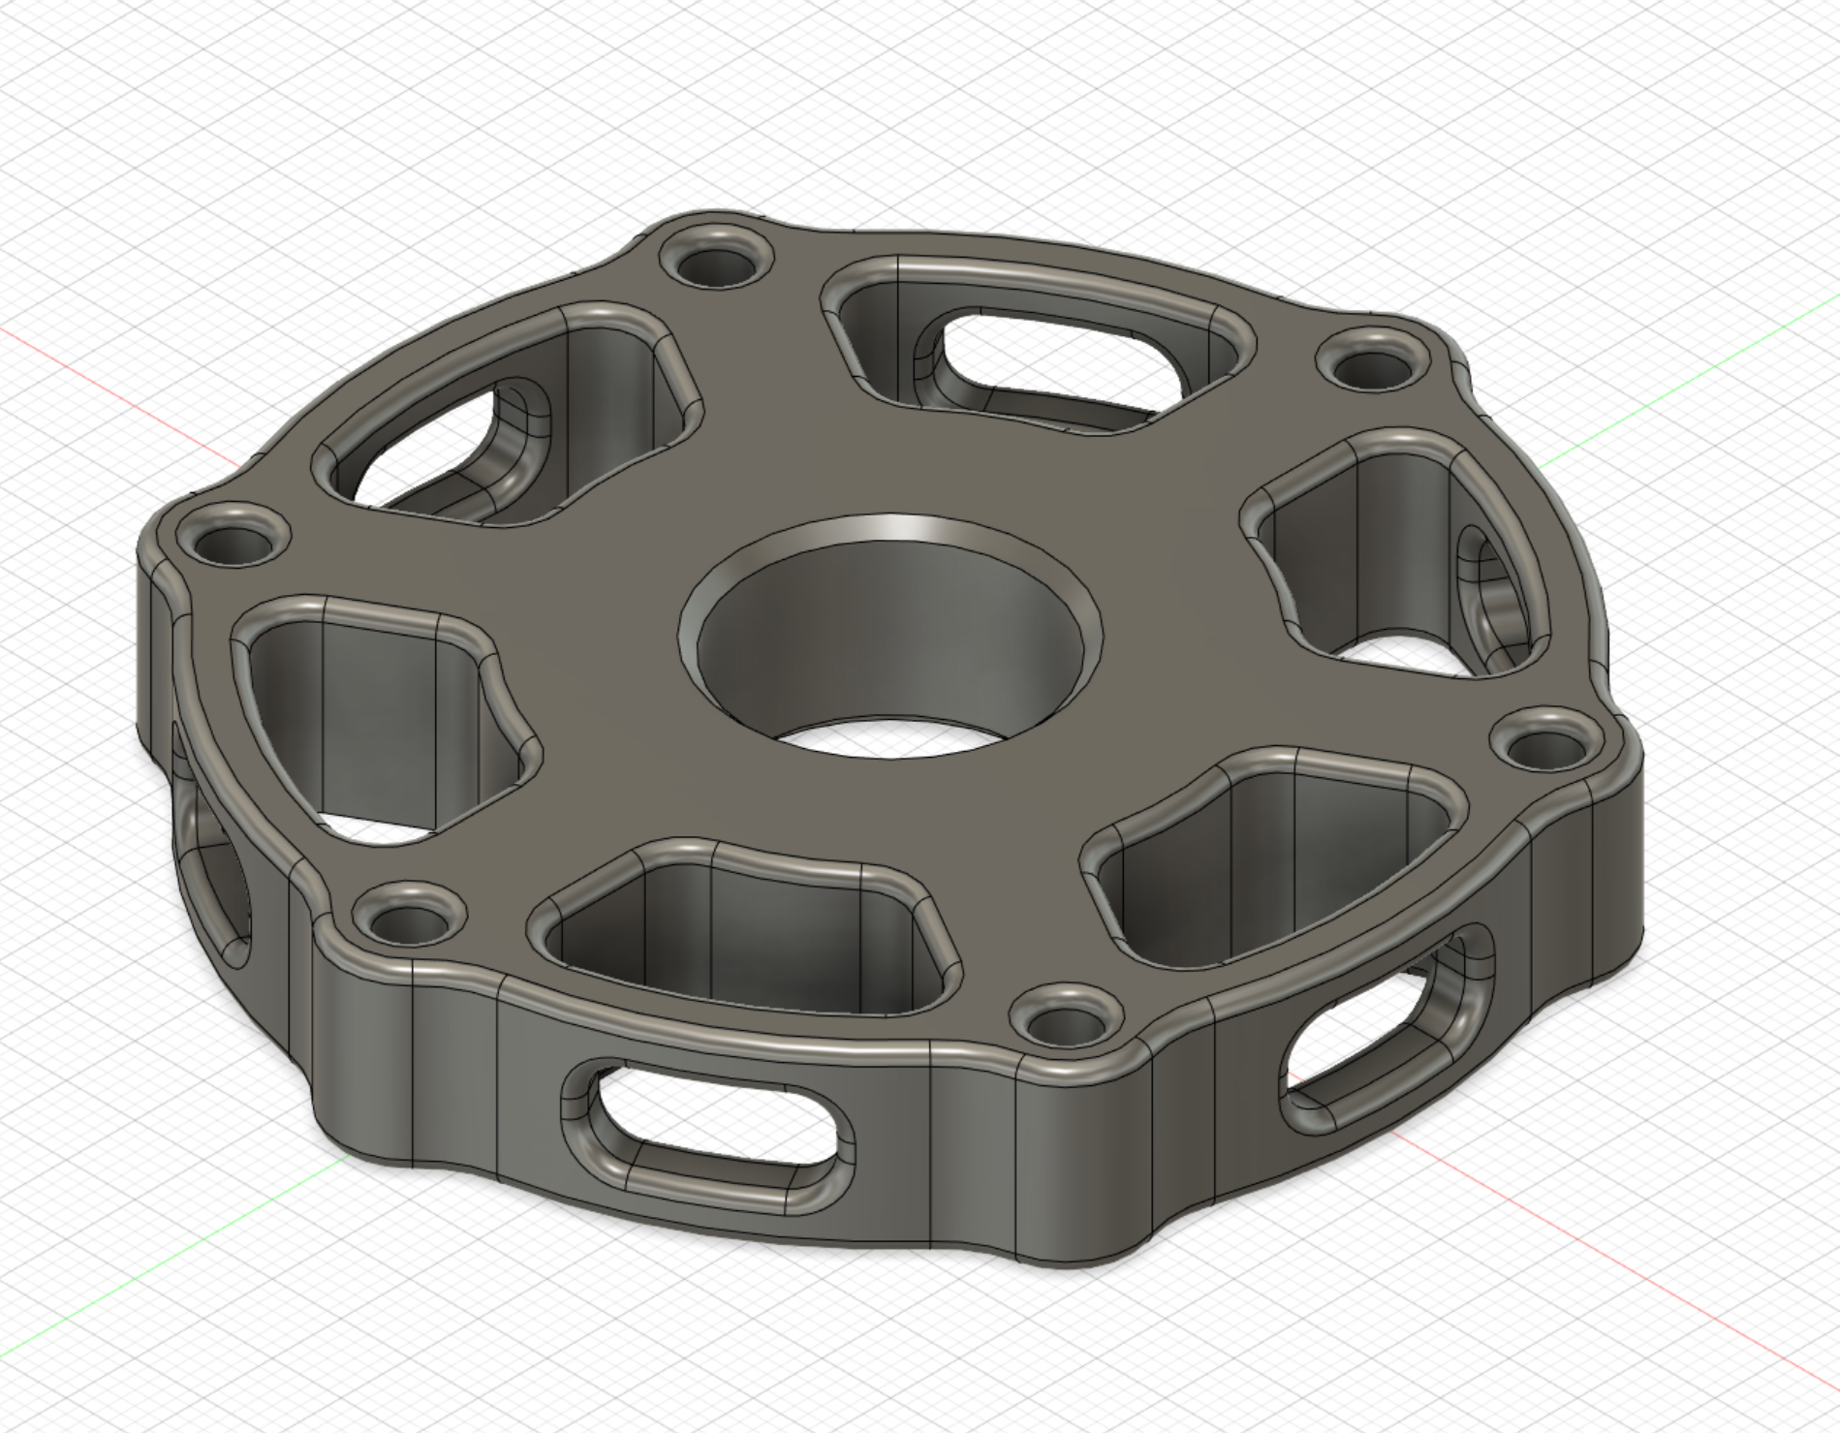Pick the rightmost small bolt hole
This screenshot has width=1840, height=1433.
(x=1541, y=746)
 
